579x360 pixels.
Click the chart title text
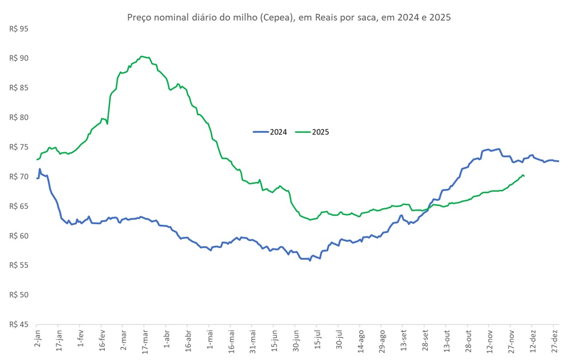(289, 17)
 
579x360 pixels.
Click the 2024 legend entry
(270, 132)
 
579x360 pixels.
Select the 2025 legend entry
(312, 132)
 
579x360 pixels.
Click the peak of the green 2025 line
(142, 57)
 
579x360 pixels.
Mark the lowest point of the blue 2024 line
(310, 260)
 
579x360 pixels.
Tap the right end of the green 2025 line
(525, 176)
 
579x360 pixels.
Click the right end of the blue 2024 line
(558, 161)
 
